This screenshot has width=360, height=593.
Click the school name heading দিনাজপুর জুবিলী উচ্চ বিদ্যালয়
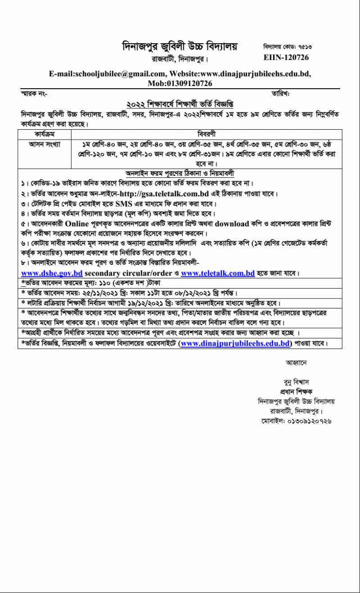[x=180, y=46]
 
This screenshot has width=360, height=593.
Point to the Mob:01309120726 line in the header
[x=180, y=83]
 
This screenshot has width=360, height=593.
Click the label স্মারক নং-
[x=34, y=93]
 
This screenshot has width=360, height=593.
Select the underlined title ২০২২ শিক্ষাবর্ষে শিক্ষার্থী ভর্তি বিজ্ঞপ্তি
[x=180, y=103]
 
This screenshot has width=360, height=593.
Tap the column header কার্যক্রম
[x=45, y=134]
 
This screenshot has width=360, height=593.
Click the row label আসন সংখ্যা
[x=45, y=144]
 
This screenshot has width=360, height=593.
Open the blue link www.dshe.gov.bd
[x=52, y=273]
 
